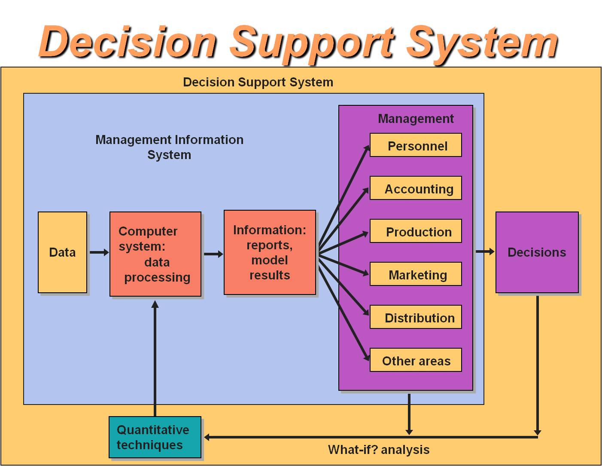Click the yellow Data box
pos(62,252)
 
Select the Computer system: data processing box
pos(155,254)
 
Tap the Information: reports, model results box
pos(270,252)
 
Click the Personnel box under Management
pos(416,145)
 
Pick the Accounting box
pos(416,188)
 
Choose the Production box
pos(416,231)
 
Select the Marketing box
pos(416,274)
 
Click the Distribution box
pos(416,317)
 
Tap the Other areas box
pos(416,360)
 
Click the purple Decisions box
pos(537,252)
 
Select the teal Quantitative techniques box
pos(155,437)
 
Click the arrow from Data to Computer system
pos(99,252)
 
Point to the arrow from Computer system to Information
pos(213,254)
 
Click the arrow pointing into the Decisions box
pos(485,251)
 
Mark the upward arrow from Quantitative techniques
pos(155,357)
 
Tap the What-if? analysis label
pos(379,450)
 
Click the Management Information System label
pos(169,147)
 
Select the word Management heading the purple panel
pos(415,119)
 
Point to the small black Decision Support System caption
pos(258,82)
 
